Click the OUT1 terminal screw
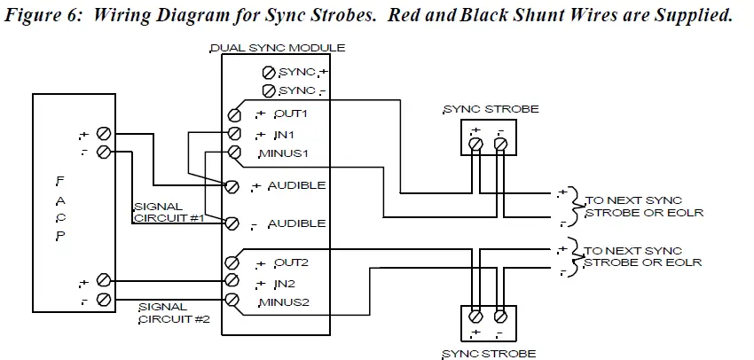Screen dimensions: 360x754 pyautogui.click(x=235, y=114)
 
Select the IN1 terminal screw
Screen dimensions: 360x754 pyautogui.click(x=235, y=133)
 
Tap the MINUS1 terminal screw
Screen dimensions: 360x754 pyautogui.click(x=235, y=153)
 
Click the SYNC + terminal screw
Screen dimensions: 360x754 pyautogui.click(x=269, y=72)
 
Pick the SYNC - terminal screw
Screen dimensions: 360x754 pyautogui.click(x=269, y=90)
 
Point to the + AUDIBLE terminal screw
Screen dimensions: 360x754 pyautogui.click(x=232, y=186)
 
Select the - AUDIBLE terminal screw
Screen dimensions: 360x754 pyautogui.click(x=232, y=223)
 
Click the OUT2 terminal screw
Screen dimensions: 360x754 pyautogui.click(x=232, y=262)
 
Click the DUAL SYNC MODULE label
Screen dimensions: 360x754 pyautogui.click(x=277, y=47)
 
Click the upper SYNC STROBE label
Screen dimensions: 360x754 pyautogui.click(x=489, y=109)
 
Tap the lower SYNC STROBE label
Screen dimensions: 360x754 pyautogui.click(x=488, y=353)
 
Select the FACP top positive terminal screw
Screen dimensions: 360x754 pyautogui.click(x=103, y=134)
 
